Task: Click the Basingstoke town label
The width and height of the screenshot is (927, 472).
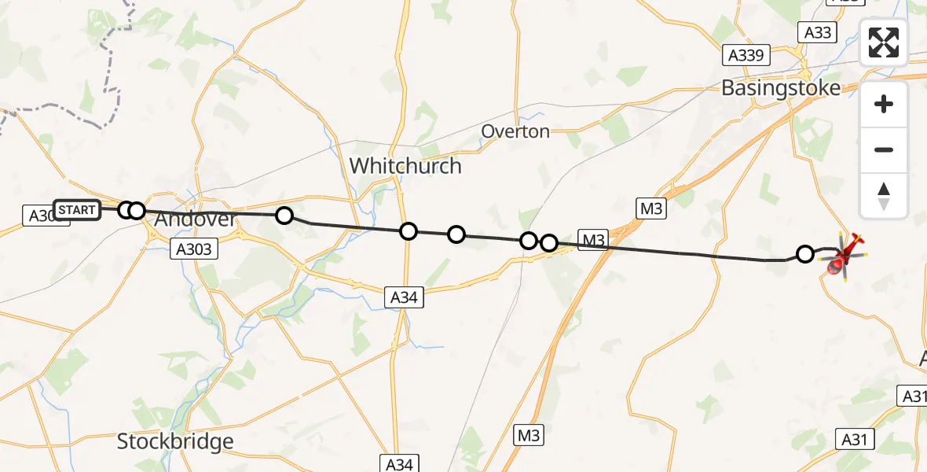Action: click(780, 87)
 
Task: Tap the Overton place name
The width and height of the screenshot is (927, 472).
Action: click(515, 131)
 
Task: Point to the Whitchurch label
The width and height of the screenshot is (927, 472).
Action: click(405, 166)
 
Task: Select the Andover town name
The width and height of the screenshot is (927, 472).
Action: click(195, 219)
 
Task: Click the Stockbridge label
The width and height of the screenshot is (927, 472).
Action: click(175, 441)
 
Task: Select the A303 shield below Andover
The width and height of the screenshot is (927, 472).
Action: click(192, 249)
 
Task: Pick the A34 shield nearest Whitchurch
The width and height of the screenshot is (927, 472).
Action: click(405, 297)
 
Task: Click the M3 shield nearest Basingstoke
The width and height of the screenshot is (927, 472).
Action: click(651, 208)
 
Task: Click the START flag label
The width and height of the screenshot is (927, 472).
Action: click(77, 210)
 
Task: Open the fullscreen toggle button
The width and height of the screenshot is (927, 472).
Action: click(884, 42)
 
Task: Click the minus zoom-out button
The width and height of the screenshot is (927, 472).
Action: click(884, 149)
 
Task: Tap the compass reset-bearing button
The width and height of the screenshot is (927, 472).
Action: click(884, 196)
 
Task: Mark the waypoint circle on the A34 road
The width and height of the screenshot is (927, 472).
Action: click(409, 230)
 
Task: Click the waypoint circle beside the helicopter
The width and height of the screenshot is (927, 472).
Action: click(805, 253)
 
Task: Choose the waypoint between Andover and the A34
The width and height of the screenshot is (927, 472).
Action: click(284, 215)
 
